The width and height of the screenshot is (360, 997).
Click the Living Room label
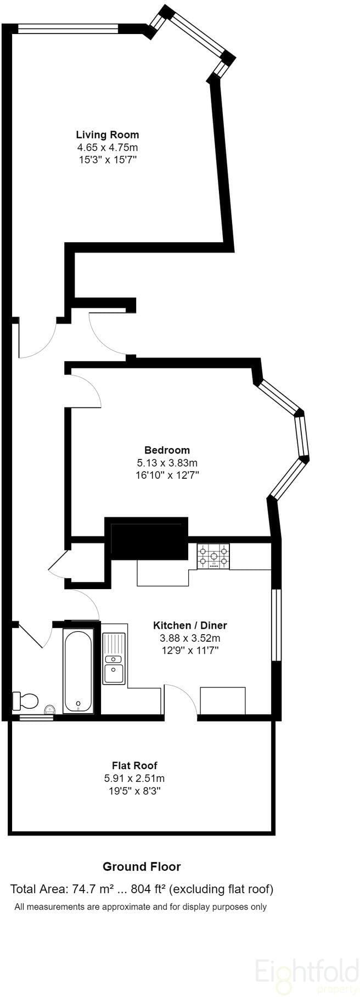tap(108, 135)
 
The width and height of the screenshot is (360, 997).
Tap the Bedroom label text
tap(167, 450)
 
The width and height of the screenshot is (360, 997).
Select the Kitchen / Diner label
tap(190, 625)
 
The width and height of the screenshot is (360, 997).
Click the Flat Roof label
tap(134, 765)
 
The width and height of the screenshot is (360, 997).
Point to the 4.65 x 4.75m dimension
tap(108, 147)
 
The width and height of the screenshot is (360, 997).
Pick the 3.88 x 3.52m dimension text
tap(190, 638)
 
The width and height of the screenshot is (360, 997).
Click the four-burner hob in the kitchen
tap(213, 556)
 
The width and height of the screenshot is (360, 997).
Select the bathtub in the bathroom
tap(78, 671)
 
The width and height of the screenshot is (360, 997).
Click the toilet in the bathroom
tap(25, 701)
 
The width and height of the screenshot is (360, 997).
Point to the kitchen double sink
tap(114, 658)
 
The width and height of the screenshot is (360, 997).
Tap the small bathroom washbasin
tap(50, 709)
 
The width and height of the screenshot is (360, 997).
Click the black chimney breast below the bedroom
tap(147, 538)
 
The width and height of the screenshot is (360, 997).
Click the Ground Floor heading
tap(142, 867)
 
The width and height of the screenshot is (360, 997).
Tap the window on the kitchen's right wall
tap(276, 625)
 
